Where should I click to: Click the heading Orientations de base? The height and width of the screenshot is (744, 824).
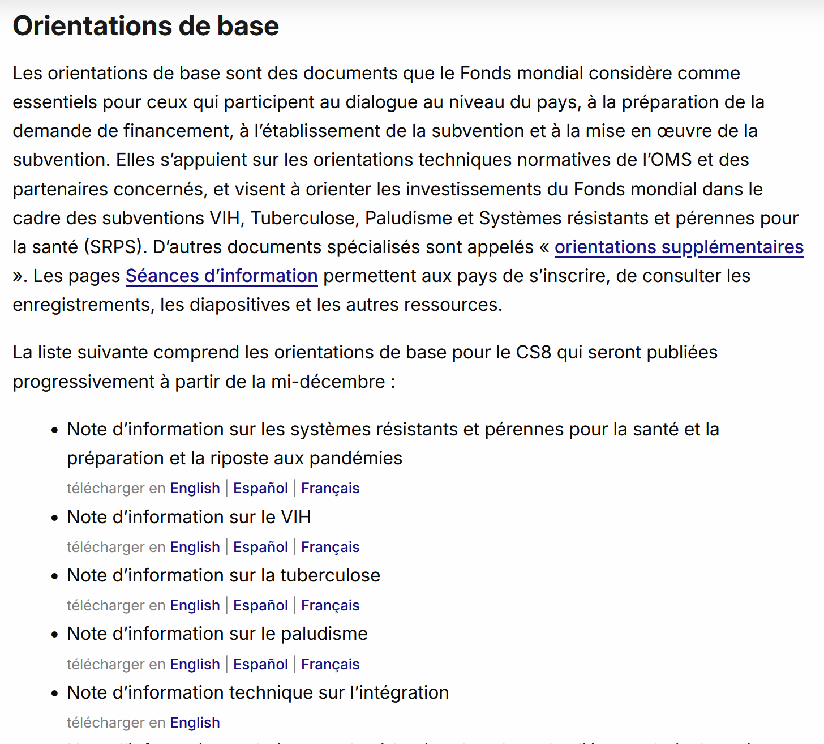pos(145,26)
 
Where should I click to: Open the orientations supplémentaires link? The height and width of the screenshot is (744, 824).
pos(679,247)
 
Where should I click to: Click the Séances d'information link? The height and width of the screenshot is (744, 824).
pos(221,276)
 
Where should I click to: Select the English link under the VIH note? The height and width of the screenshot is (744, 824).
pos(195,547)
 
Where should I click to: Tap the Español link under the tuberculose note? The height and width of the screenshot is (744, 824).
pos(260,605)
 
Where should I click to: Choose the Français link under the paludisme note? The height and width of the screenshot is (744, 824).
pos(330,664)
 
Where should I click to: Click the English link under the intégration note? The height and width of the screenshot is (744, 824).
pos(195,722)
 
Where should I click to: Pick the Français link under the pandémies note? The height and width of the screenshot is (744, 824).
pos(330,488)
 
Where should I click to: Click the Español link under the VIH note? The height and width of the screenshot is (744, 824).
pos(260,547)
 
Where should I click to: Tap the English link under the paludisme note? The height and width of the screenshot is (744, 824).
pos(195,664)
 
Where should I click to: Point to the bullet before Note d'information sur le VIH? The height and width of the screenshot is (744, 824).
pos(54,518)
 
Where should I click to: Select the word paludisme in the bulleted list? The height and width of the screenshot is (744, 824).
pos(324,634)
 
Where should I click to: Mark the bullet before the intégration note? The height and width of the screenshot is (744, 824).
pos(54,694)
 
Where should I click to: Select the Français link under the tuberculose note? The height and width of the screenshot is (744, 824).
pos(330,605)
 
